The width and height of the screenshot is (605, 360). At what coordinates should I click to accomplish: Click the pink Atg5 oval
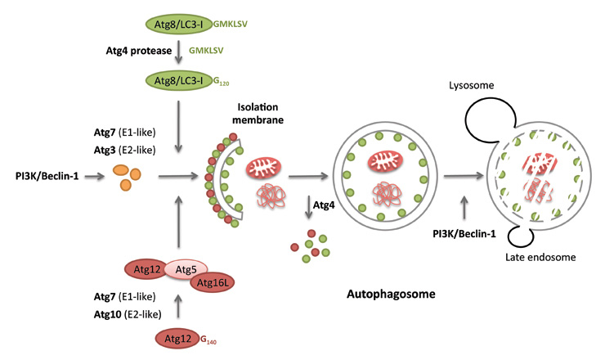[x=186, y=268]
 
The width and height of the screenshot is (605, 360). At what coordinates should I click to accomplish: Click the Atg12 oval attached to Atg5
[x=146, y=268]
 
